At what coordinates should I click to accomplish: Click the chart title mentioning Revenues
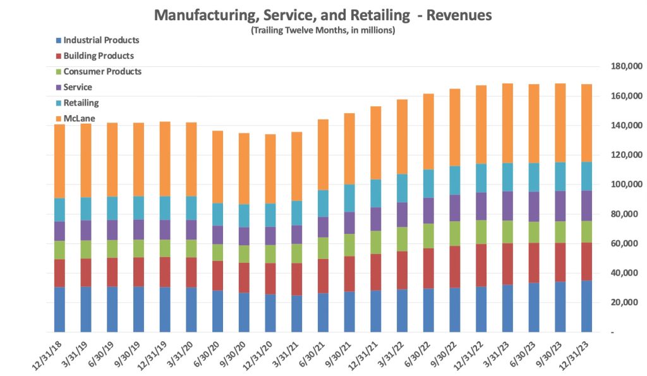[x=323, y=14]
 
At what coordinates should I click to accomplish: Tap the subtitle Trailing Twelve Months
[x=323, y=30]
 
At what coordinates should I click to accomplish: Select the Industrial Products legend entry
[x=101, y=40]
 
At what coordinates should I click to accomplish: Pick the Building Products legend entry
[x=99, y=56]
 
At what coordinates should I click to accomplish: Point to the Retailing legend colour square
[x=58, y=103]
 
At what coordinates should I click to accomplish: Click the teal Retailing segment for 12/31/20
[x=270, y=215]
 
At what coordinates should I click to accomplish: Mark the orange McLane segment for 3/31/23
[x=507, y=123]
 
